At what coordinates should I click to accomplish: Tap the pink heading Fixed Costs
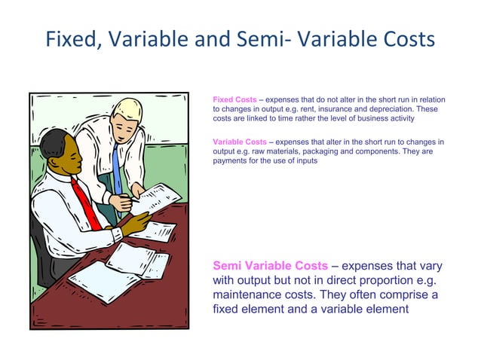pos(234,100)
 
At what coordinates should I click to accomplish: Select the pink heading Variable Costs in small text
pos(240,142)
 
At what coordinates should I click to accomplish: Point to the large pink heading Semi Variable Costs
pos(271,266)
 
